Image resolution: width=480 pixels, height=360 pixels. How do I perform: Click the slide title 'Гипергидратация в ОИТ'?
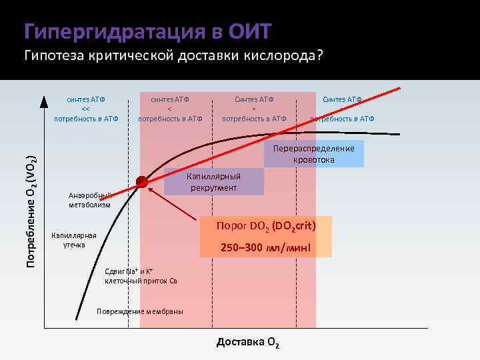click(147, 31)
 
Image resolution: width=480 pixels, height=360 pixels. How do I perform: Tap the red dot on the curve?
click(142, 181)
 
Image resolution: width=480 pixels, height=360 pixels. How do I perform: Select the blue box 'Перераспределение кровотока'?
click(314, 153)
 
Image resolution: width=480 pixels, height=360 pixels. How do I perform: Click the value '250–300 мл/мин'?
click(266, 249)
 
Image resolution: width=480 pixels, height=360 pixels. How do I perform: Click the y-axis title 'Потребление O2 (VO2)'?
click(31, 210)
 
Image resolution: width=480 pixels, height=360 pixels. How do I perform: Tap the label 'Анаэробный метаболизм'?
click(89, 200)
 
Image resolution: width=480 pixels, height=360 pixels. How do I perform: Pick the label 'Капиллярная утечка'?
click(74, 240)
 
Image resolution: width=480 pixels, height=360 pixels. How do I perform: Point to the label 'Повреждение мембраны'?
click(140, 311)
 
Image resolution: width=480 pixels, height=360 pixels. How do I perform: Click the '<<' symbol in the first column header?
click(85, 109)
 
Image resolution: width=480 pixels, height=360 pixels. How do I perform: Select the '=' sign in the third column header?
click(254, 109)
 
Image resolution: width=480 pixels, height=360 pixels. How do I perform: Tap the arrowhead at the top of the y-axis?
click(44, 100)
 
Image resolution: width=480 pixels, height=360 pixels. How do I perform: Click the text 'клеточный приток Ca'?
click(141, 281)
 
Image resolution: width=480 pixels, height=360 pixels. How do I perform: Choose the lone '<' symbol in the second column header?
click(169, 109)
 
